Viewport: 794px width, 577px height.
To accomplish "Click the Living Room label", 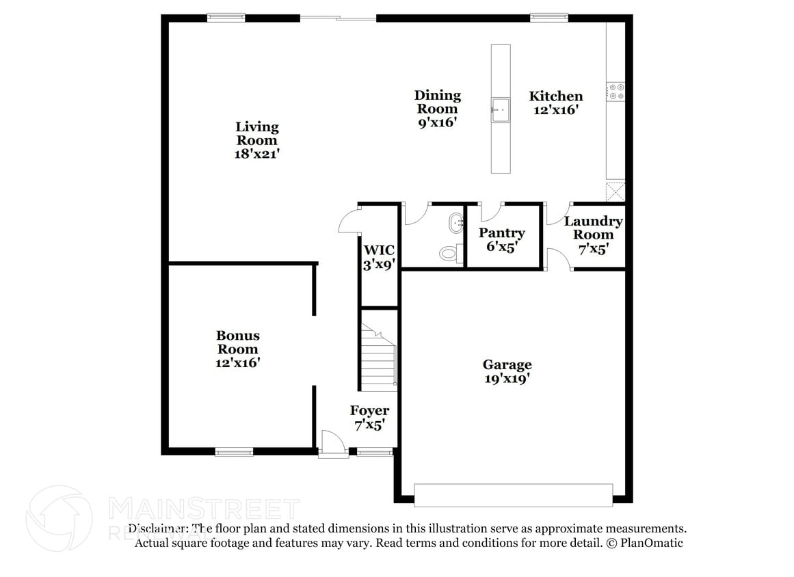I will (257, 140).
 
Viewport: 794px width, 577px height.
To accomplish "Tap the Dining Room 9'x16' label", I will (438, 109).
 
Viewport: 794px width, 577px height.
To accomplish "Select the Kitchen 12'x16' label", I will (556, 103).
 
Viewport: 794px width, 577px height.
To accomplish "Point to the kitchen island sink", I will (501, 109).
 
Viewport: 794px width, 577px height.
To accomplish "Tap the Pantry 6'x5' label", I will (502, 240).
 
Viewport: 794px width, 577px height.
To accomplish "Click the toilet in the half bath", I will (448, 254).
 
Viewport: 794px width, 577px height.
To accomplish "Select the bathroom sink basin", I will (455, 222).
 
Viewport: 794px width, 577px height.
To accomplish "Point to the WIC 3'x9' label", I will (380, 257).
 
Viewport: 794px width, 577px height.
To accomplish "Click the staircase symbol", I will (379, 357).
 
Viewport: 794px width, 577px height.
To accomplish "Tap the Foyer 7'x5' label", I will (369, 417).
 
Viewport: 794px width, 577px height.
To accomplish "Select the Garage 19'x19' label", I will (507, 371).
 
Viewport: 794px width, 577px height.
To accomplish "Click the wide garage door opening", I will (513, 496).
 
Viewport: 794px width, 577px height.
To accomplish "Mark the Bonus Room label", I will (238, 349).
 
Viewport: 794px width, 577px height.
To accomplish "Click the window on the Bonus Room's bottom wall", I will (234, 451).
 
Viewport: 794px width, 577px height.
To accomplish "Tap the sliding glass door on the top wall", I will (339, 18).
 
